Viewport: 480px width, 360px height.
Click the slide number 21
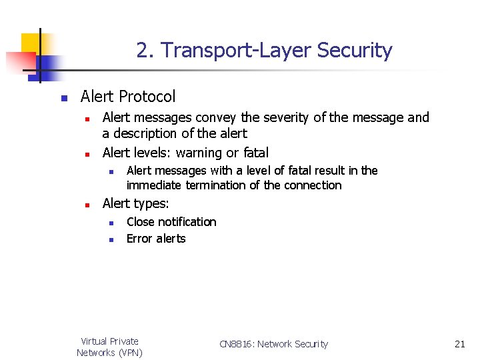(459, 344)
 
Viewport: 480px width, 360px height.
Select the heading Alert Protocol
(127, 97)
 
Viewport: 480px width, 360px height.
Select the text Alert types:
(135, 203)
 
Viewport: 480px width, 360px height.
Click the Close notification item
(171, 222)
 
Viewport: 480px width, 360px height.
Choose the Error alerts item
(156, 239)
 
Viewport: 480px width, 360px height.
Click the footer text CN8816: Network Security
(273, 344)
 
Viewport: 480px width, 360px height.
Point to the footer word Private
(124, 341)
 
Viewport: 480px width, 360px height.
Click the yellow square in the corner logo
(31, 43)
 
